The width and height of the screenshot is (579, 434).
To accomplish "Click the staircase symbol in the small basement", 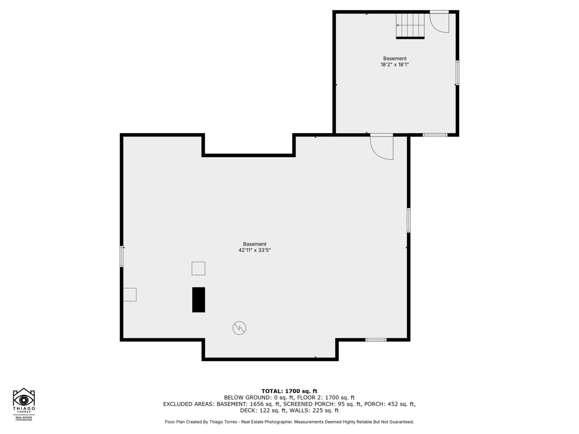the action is tap(410, 25).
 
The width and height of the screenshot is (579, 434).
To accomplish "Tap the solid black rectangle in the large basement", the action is tap(198, 300).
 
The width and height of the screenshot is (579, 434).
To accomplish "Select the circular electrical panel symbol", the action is tap(239, 328).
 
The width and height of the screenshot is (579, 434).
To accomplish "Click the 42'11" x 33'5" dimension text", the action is tap(254, 250).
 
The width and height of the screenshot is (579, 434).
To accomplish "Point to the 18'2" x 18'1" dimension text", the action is tap(394, 64).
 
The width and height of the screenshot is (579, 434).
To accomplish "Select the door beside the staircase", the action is tap(439, 22).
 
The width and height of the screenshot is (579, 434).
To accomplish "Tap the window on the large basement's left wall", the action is tap(122, 257).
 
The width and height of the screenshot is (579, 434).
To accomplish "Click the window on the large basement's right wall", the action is tap(408, 220).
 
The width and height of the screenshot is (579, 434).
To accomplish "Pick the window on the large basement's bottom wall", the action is tap(376, 340).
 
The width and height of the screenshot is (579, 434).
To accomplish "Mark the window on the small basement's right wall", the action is tap(457, 73).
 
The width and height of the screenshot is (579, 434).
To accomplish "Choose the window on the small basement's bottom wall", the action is tap(435, 135).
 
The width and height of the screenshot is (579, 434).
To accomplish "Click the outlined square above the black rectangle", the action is tap(198, 269).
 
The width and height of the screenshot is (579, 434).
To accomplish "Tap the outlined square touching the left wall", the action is tap(130, 295).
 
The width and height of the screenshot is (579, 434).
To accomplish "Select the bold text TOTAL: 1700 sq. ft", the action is tap(289, 391).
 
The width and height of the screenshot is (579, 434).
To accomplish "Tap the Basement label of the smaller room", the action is tap(394, 59).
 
